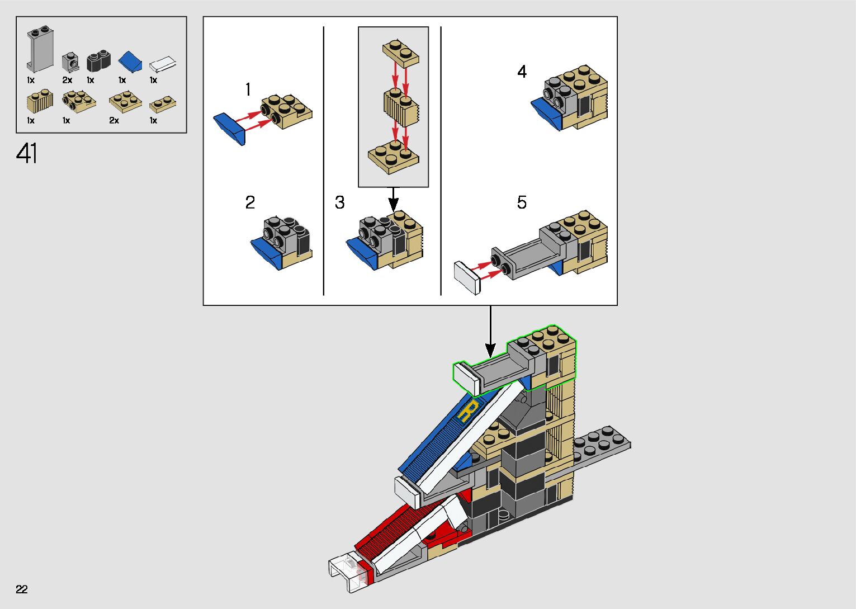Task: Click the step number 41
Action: [x=26, y=153]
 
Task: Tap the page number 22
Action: [x=22, y=589]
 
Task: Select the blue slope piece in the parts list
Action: [x=130, y=62]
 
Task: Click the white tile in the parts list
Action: [x=163, y=64]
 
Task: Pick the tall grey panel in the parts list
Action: [x=40, y=49]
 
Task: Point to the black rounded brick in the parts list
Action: [x=98, y=60]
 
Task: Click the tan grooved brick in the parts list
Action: [x=40, y=101]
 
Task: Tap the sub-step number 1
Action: [x=248, y=89]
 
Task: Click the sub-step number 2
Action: [x=250, y=202]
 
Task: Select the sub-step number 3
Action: [x=339, y=202]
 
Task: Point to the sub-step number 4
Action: [x=522, y=72]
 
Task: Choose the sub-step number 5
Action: [x=522, y=202]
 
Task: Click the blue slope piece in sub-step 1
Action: [x=229, y=129]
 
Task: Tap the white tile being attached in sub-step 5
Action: [x=467, y=278]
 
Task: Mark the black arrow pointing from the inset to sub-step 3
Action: [x=393, y=199]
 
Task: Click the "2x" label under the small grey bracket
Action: [x=67, y=80]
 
